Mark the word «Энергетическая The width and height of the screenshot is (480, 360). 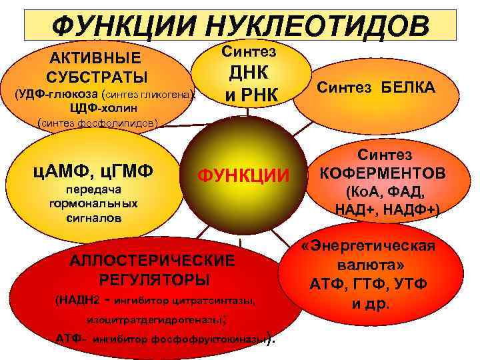click(368, 246)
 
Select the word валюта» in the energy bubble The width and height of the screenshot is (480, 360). click(368, 265)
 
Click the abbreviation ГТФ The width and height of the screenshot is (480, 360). click(369, 285)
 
